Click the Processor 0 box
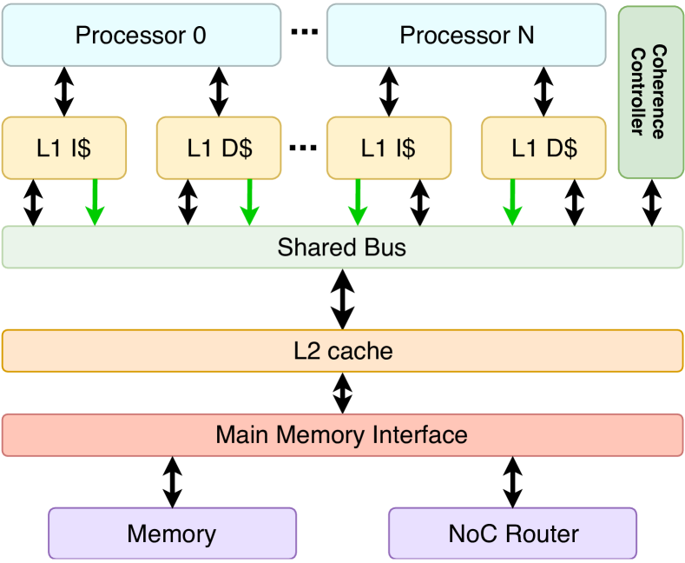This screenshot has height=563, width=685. pos(141,35)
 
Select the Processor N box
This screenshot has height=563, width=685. pos(466,35)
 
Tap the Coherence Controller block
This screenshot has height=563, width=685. pos(650,91)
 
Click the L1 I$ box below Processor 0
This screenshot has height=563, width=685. pos(64,148)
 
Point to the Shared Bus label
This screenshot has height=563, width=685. pos(342,248)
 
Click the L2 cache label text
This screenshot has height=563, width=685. pos(342,351)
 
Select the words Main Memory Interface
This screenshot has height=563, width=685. pos(342,434)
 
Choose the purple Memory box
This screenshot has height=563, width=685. pos(172,533)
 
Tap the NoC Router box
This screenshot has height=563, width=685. pos(513,533)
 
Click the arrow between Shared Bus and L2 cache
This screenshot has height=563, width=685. pos(344,299)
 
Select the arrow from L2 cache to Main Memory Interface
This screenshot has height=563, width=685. pos(344,393)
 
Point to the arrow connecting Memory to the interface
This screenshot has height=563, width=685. pos(173,482)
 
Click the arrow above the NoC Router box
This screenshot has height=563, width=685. pos(513,482)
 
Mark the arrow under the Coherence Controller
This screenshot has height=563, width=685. pos(651,203)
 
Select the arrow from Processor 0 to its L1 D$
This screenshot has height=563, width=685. pos(218,91)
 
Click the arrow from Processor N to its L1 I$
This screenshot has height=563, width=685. pos(389,91)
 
